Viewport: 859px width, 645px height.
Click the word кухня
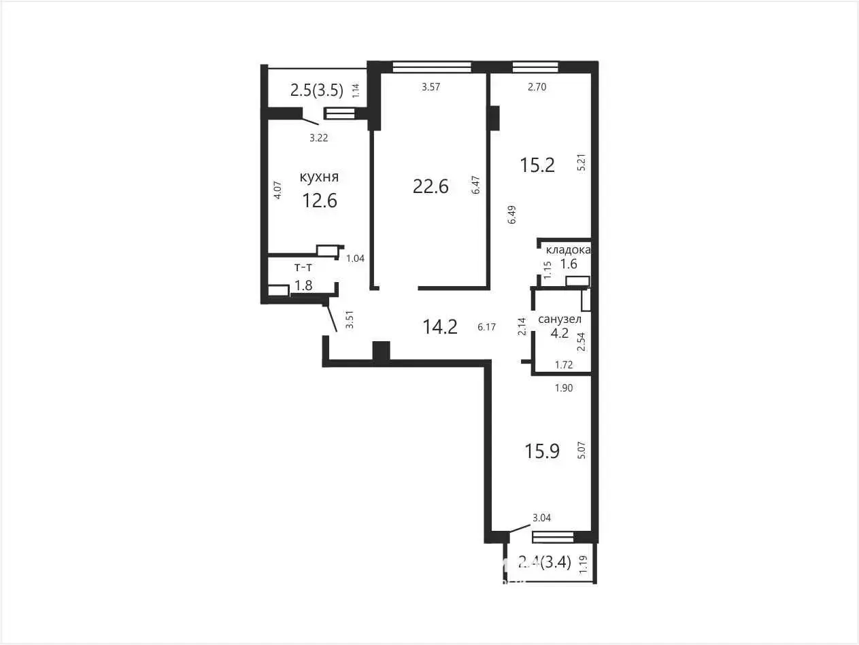319,177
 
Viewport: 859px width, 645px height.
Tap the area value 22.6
431,186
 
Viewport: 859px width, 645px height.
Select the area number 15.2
537,165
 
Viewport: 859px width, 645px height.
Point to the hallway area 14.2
440,326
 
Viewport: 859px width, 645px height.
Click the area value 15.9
542,451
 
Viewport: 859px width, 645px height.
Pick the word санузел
560,319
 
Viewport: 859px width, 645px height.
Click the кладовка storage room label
568,250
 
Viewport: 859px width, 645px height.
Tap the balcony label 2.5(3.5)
316,90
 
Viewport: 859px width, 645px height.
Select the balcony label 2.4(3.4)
545,563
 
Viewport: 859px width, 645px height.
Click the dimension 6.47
476,185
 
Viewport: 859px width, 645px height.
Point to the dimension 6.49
512,214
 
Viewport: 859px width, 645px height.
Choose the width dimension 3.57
431,87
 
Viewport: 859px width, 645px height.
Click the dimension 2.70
537,87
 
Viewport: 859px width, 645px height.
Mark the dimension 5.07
582,450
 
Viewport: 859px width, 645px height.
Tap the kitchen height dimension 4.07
277,190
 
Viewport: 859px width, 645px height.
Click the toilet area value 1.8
304,285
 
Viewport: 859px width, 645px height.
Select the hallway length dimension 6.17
486,327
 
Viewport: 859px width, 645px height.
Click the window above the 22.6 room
432,67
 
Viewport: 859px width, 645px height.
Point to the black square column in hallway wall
381,351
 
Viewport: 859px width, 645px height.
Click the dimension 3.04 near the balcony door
541,518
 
